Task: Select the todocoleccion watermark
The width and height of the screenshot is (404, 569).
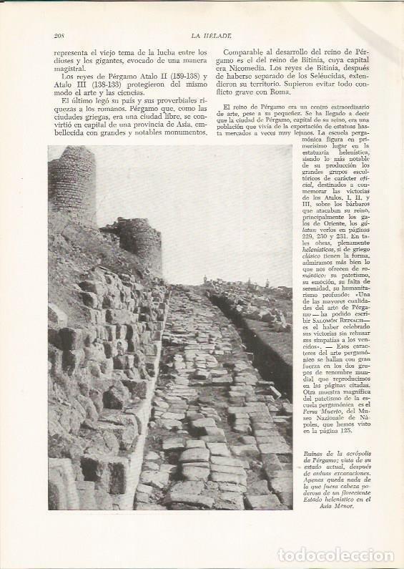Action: coord(343,555)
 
